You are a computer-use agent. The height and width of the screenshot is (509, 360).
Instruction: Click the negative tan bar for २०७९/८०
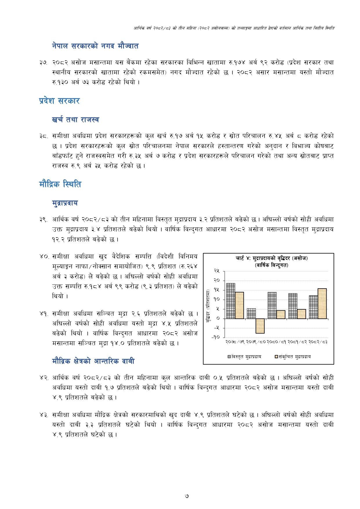click(260, 326)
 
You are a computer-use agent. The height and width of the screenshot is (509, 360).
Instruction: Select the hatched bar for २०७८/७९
click(231, 301)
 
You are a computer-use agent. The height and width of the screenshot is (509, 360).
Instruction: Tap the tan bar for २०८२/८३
click(322, 304)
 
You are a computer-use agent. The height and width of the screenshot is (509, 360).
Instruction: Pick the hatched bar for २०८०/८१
click(272, 305)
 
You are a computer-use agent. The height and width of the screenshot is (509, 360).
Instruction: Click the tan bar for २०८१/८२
click(301, 314)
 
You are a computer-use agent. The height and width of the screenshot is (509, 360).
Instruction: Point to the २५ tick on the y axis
click(217, 271)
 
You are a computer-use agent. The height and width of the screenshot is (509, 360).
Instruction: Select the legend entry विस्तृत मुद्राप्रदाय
click(245, 356)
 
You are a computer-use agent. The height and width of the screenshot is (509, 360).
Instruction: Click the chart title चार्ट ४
click(271, 258)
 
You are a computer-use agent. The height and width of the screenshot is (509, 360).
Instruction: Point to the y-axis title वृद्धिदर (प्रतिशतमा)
click(208, 306)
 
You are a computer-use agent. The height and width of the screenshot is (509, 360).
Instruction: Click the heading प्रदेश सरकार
click(59, 101)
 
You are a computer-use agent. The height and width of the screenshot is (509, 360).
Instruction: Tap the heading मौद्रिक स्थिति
click(60, 184)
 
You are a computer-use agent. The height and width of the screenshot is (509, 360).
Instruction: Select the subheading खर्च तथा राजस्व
click(75, 119)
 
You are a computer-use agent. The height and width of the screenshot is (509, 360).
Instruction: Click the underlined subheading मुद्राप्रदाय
click(65, 203)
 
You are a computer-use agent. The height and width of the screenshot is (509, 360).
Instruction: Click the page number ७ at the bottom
click(187, 496)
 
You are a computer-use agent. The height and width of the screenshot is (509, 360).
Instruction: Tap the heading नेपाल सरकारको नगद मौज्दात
click(95, 46)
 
